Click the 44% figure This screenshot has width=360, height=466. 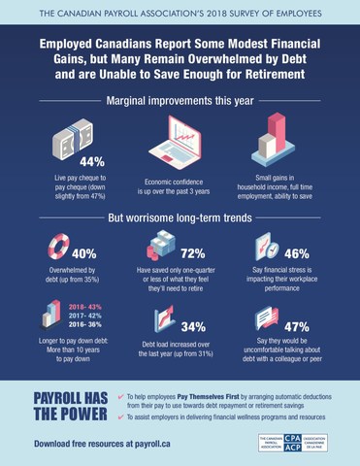tap(92, 161)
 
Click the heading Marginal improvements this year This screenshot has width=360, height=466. tap(180, 100)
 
